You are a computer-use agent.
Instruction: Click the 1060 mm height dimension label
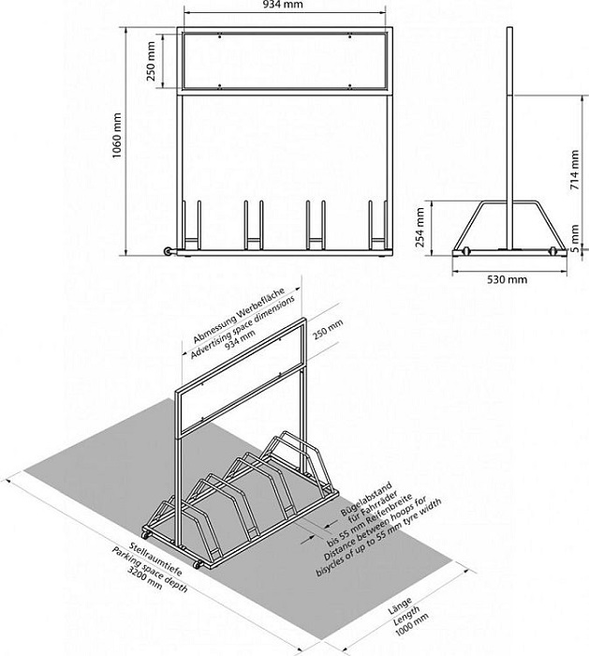117,135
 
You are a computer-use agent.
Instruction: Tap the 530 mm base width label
508,279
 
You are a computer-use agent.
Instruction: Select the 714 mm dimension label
575,170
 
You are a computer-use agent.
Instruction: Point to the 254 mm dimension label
420,228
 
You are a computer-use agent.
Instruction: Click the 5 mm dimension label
575,239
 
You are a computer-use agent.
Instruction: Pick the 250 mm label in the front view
151,61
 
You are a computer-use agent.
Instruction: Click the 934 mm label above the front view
283,5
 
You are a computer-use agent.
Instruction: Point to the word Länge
400,605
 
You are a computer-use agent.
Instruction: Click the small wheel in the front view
168,251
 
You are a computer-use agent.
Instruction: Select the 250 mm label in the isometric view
328,329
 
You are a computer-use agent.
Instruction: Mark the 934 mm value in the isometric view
240,339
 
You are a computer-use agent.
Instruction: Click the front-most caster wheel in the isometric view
196,564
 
